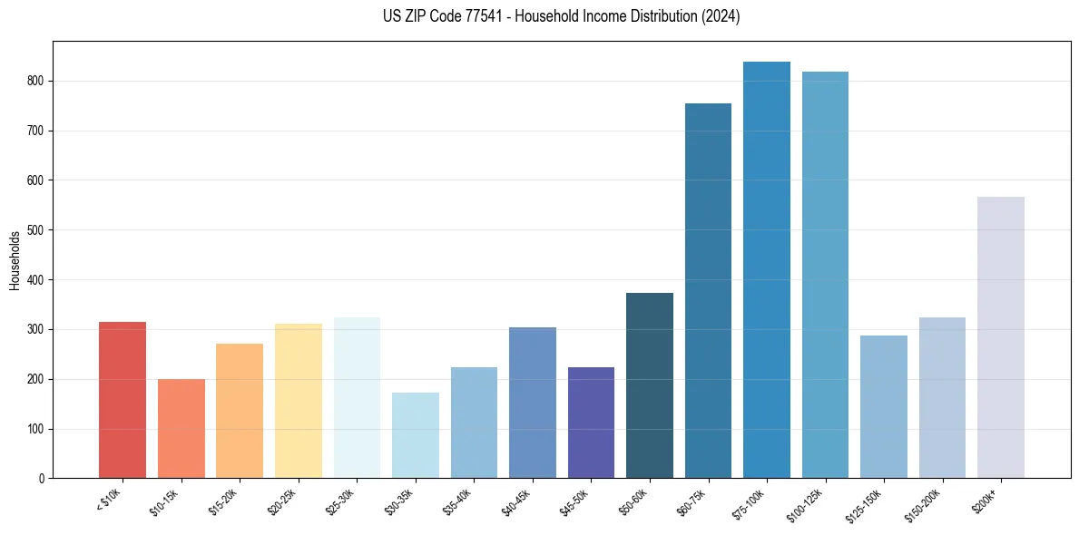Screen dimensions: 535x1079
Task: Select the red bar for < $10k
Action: [x=123, y=400]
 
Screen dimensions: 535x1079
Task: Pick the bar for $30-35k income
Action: [x=416, y=435]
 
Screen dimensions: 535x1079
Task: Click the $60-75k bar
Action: [x=708, y=290]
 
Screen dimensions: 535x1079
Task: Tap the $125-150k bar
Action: [x=884, y=407]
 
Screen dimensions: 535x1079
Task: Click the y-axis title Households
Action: [x=15, y=260]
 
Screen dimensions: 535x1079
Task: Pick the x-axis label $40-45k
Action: [x=516, y=500]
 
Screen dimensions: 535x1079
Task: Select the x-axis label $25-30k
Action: [x=341, y=500]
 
